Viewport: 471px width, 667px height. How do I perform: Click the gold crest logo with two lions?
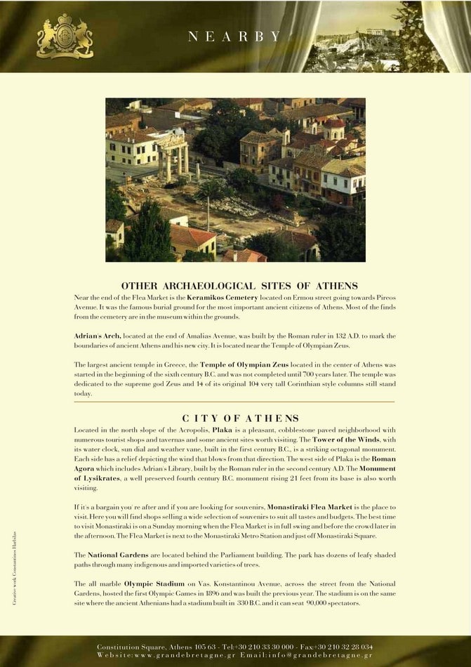coord(65,37)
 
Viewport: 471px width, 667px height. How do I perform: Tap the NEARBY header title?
coord(234,37)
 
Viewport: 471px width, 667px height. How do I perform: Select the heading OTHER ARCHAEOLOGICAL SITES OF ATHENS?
coord(239,286)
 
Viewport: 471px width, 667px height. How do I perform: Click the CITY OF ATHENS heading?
coord(240,418)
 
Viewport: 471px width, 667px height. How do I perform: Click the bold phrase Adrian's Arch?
coord(98,336)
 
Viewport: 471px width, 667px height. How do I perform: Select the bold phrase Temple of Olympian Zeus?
coord(240,365)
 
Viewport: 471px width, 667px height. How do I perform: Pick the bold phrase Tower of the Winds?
coord(354,440)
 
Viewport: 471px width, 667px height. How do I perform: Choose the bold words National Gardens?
coord(112,555)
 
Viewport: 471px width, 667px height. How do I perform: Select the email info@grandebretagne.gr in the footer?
coord(329,655)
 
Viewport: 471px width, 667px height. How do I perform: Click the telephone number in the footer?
coord(257,647)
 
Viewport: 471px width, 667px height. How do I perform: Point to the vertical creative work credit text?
coord(15,568)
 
